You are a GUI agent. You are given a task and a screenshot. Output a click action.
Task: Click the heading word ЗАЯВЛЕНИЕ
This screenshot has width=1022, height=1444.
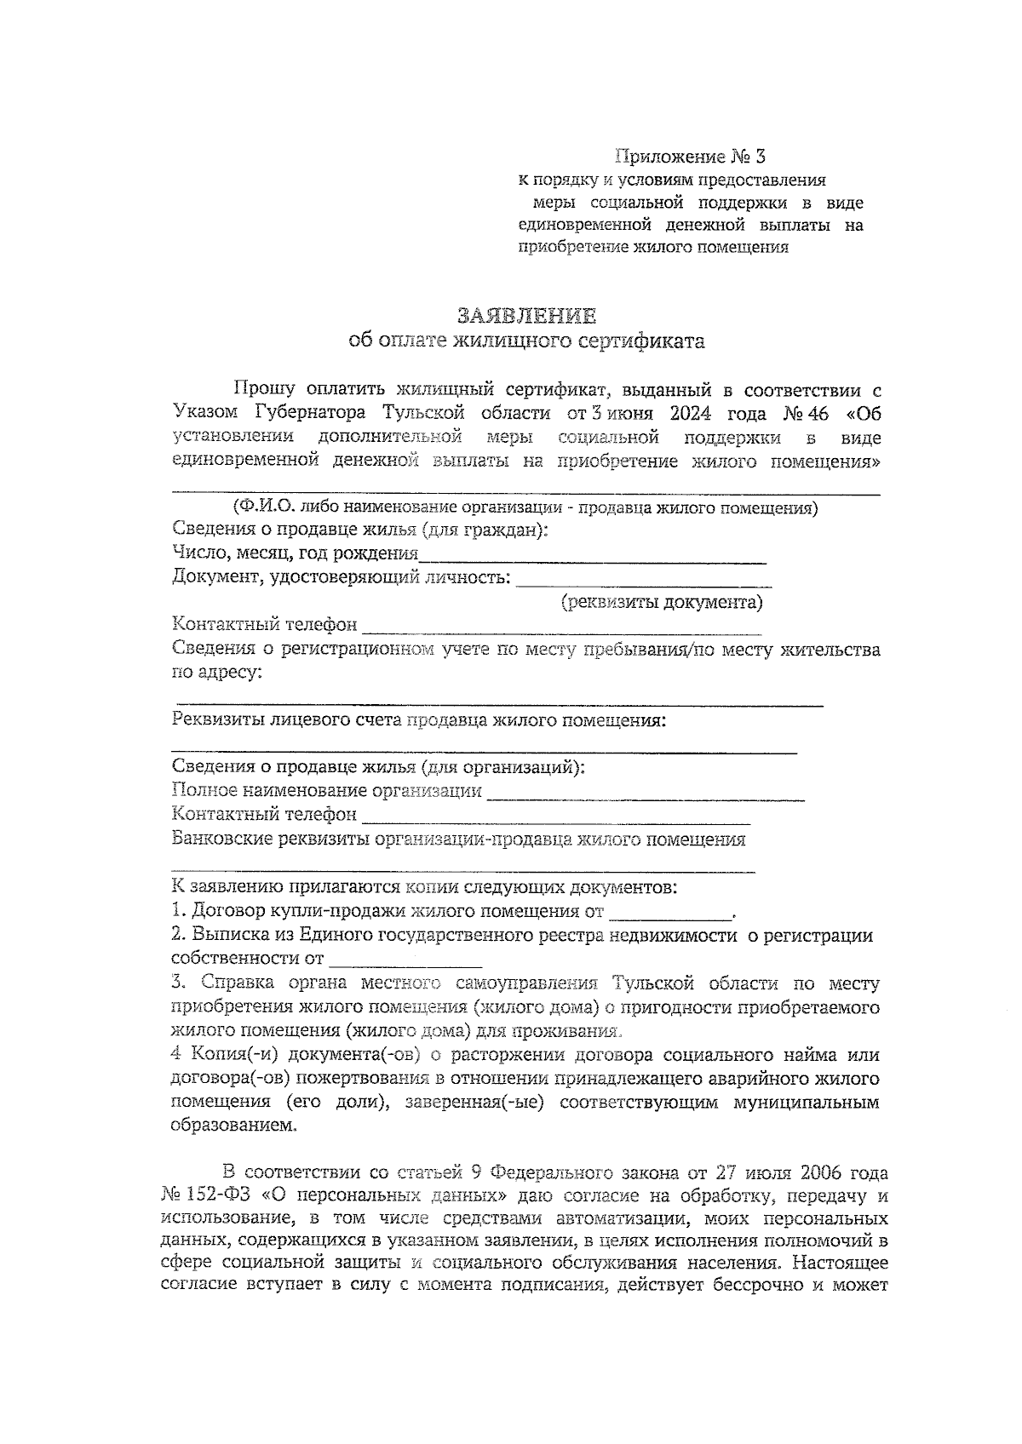526,316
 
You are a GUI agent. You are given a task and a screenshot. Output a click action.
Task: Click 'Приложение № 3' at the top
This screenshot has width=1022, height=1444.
691,157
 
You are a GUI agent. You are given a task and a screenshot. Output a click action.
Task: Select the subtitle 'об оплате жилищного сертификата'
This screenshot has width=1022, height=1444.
527,341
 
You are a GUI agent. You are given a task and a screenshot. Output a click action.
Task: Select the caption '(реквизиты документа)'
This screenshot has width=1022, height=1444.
661,603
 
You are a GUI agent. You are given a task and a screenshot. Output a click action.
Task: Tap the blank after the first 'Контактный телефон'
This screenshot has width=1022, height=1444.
561,631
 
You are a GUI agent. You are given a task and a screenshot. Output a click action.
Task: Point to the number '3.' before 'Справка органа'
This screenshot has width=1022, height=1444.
179,983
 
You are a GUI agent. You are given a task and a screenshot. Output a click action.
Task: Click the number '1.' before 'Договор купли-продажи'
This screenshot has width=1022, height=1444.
179,912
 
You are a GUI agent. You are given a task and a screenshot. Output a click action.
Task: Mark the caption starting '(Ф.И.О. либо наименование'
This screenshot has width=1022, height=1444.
525,508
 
